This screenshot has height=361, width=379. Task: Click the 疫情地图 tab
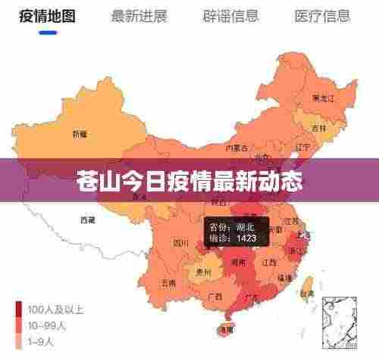point(42,16)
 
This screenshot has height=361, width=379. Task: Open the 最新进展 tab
point(139,16)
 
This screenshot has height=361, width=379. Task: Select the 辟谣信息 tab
point(230,16)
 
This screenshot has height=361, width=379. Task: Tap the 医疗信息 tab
point(323,16)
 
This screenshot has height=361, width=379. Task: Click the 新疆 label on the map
point(80,134)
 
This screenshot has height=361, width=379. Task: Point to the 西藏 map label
point(88,220)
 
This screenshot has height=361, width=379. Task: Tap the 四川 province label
point(180,243)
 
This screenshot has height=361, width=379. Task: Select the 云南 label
point(169,282)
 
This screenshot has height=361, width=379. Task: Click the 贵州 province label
point(202,270)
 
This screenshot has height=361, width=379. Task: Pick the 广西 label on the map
point(214,296)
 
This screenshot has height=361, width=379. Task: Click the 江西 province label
point(268,262)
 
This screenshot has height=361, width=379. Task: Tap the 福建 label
point(284,278)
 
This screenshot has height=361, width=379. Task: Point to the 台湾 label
point(307,293)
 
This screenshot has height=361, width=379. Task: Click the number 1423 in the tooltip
point(246,238)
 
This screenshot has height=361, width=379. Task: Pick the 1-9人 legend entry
point(42,341)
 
